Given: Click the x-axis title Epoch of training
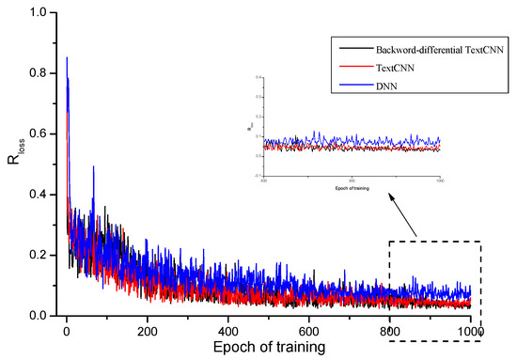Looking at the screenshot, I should (268, 348).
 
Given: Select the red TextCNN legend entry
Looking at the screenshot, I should (394, 68).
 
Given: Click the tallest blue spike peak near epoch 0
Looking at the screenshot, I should (67, 58).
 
